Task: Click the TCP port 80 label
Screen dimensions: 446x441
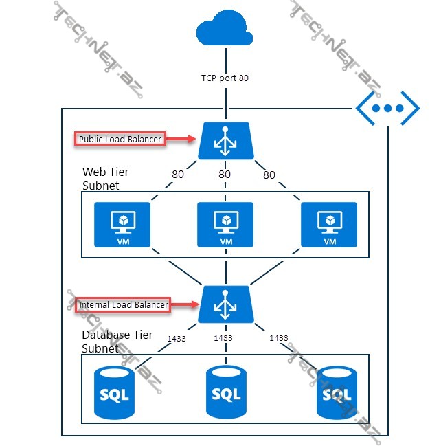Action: pyautogui.click(x=225, y=78)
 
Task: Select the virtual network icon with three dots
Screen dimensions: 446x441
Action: pyautogui.click(x=387, y=108)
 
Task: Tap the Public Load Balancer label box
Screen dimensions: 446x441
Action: pyautogui.click(x=120, y=139)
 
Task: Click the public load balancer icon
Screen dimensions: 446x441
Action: pyautogui.click(x=225, y=140)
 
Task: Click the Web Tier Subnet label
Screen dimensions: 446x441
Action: pyautogui.click(x=106, y=178)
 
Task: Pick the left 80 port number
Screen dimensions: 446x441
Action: pyautogui.click(x=178, y=175)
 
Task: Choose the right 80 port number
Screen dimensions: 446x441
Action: pyautogui.click(x=269, y=175)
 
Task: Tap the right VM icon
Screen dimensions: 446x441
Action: pyautogui.click(x=328, y=225)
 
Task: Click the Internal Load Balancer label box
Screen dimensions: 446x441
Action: pyautogui.click(x=122, y=304)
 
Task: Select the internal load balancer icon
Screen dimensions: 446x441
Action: pyautogui.click(x=225, y=304)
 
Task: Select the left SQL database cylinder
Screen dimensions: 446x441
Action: pyautogui.click(x=115, y=392)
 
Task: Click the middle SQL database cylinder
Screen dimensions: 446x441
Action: pyautogui.click(x=226, y=392)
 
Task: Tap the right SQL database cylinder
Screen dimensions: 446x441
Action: pyautogui.click(x=337, y=392)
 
